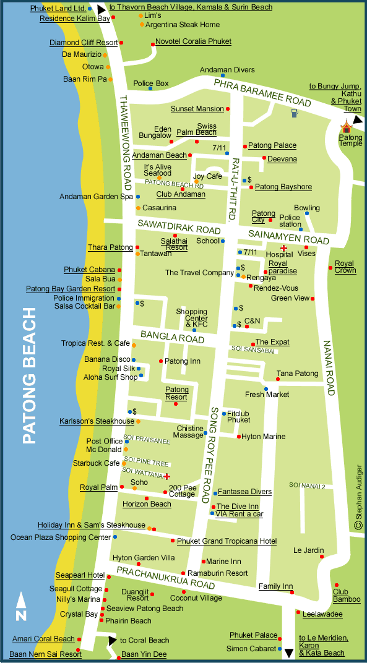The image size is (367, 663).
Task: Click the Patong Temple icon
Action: pyautogui.click(x=346, y=127)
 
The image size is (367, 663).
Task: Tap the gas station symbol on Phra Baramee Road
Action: pyautogui.click(x=295, y=113)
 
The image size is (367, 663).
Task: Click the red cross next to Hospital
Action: pyautogui.click(x=284, y=248)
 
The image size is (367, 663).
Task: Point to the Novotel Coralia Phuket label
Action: pyautogui.click(x=193, y=41)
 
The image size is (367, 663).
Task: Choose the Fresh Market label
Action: pyautogui.click(x=267, y=395)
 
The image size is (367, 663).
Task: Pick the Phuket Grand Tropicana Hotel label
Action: pyautogui.click(x=227, y=541)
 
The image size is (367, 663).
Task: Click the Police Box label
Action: pyautogui.click(x=151, y=83)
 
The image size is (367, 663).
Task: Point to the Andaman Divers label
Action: pyautogui.click(x=228, y=70)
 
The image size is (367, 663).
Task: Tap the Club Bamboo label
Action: pyautogui.click(x=346, y=596)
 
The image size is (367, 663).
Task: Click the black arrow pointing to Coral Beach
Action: pyautogui.click(x=112, y=639)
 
